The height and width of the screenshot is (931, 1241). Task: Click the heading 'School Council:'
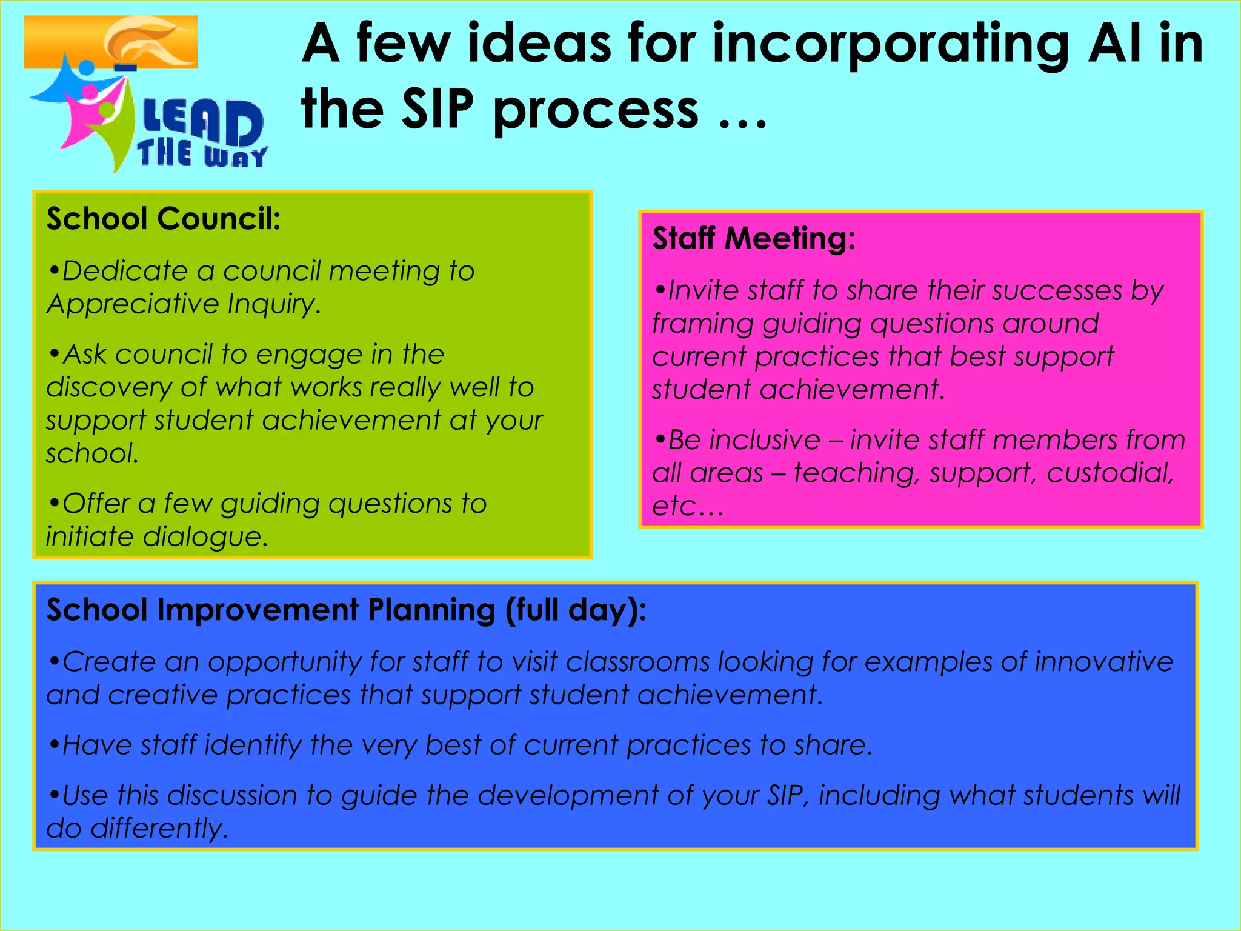click(x=164, y=219)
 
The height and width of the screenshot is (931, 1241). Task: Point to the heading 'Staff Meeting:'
click(x=754, y=238)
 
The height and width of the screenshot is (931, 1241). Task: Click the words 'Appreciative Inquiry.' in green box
click(x=183, y=304)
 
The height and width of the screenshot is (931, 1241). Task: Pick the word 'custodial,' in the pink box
click(x=1110, y=473)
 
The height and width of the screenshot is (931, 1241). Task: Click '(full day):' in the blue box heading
click(x=575, y=610)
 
